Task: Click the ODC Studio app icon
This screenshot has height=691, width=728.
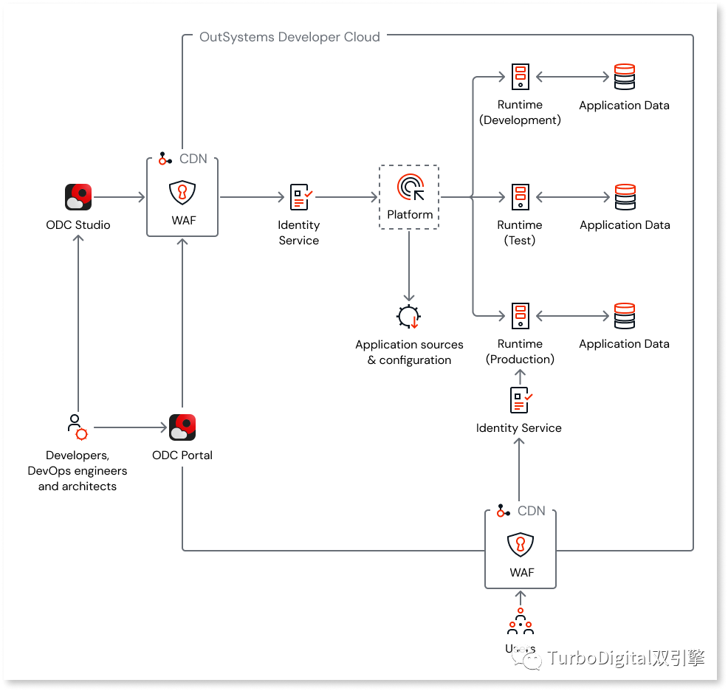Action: pos(78,197)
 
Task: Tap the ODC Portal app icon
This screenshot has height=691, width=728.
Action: pos(182,427)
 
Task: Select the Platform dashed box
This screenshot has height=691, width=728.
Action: pos(409,196)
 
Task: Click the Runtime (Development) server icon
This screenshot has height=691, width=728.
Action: pos(521,77)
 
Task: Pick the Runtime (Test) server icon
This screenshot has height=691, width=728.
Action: pos(521,197)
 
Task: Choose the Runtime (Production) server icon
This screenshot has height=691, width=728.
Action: pos(521,316)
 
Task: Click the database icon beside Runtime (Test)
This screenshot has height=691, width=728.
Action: pos(625,197)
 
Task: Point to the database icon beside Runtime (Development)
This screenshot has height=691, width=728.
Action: pos(625,77)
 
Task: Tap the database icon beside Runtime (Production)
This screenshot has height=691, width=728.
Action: pos(625,316)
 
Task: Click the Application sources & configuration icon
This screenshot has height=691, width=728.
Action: pos(408,317)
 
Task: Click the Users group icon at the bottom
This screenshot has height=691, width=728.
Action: pos(521,622)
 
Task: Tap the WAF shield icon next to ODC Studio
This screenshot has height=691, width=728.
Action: pos(182,193)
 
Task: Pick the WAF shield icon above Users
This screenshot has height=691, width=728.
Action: pos(521,546)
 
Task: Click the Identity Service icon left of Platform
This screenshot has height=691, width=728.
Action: pos(301,197)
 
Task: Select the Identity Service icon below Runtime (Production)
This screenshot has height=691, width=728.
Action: pos(521,399)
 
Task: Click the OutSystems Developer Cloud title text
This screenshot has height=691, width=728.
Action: pos(289,37)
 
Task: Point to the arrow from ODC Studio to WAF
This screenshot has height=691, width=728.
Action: pos(120,197)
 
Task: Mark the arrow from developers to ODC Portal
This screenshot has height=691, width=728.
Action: pos(130,427)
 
